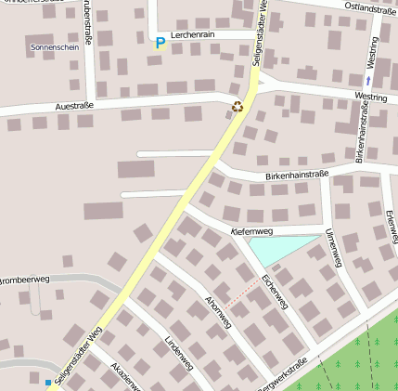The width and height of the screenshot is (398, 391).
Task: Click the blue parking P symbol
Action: [160, 42]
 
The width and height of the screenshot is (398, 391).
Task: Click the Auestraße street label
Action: [74, 106]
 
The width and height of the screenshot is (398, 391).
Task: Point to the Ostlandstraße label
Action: [370, 8]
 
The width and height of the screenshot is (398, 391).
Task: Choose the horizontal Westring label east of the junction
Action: [370, 97]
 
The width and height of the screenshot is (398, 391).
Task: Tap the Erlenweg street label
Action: [391, 221]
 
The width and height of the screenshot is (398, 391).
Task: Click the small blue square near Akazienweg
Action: [48, 382]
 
